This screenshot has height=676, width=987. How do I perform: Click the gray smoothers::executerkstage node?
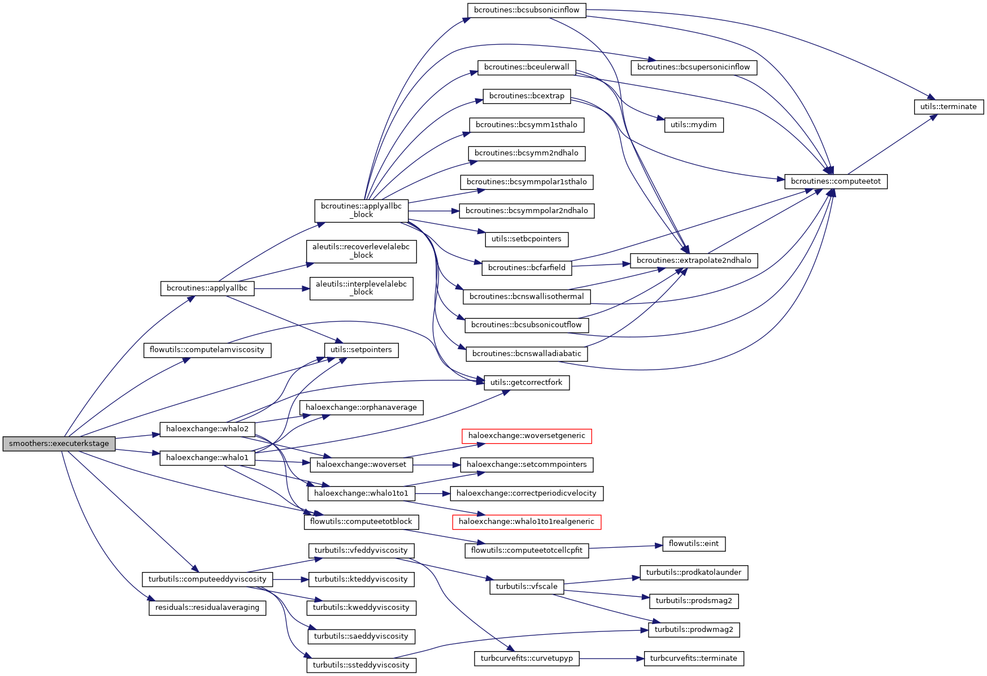click(59, 444)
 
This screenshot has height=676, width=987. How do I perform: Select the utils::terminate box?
click(949, 107)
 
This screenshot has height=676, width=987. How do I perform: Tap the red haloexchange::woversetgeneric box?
click(527, 436)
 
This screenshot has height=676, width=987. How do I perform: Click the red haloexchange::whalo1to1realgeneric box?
click(526, 522)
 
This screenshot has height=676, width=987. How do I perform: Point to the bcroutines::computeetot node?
click(836, 181)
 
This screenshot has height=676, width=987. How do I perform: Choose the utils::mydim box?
click(694, 125)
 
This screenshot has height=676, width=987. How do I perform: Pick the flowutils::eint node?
click(694, 544)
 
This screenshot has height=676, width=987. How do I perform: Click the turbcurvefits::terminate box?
click(694, 658)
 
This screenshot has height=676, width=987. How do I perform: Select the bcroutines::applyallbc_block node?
click(361, 210)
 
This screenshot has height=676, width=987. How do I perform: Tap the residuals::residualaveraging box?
click(207, 608)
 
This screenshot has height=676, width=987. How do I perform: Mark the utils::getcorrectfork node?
click(526, 383)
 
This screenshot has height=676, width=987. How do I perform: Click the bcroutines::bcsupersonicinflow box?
click(693, 67)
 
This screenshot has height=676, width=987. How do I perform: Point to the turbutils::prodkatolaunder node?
click(694, 573)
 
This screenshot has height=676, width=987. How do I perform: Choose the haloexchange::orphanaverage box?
click(361, 408)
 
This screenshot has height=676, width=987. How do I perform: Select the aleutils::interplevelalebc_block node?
click(361, 288)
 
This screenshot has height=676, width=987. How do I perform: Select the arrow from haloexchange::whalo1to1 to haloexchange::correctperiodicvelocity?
click(432, 493)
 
